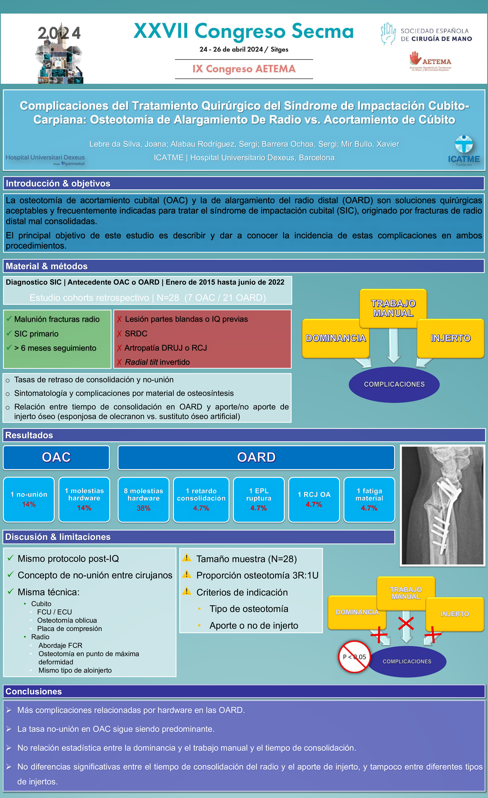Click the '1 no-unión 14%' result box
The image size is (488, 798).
pyautogui.click(x=29, y=499)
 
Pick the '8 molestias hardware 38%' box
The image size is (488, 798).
pyautogui.click(x=144, y=499)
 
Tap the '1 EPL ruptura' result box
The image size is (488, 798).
pyautogui.click(x=259, y=499)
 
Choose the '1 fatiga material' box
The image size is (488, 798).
pyautogui.click(x=369, y=499)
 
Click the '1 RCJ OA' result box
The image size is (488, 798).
pyautogui.click(x=314, y=499)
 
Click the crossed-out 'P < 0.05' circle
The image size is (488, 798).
pyautogui.click(x=354, y=656)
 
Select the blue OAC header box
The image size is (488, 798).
pyautogui.click(x=56, y=457)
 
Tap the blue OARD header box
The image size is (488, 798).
pyautogui.click(x=256, y=457)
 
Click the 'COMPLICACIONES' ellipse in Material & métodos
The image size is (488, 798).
pyautogui.click(x=394, y=384)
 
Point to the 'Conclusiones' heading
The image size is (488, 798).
pyautogui.click(x=34, y=691)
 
